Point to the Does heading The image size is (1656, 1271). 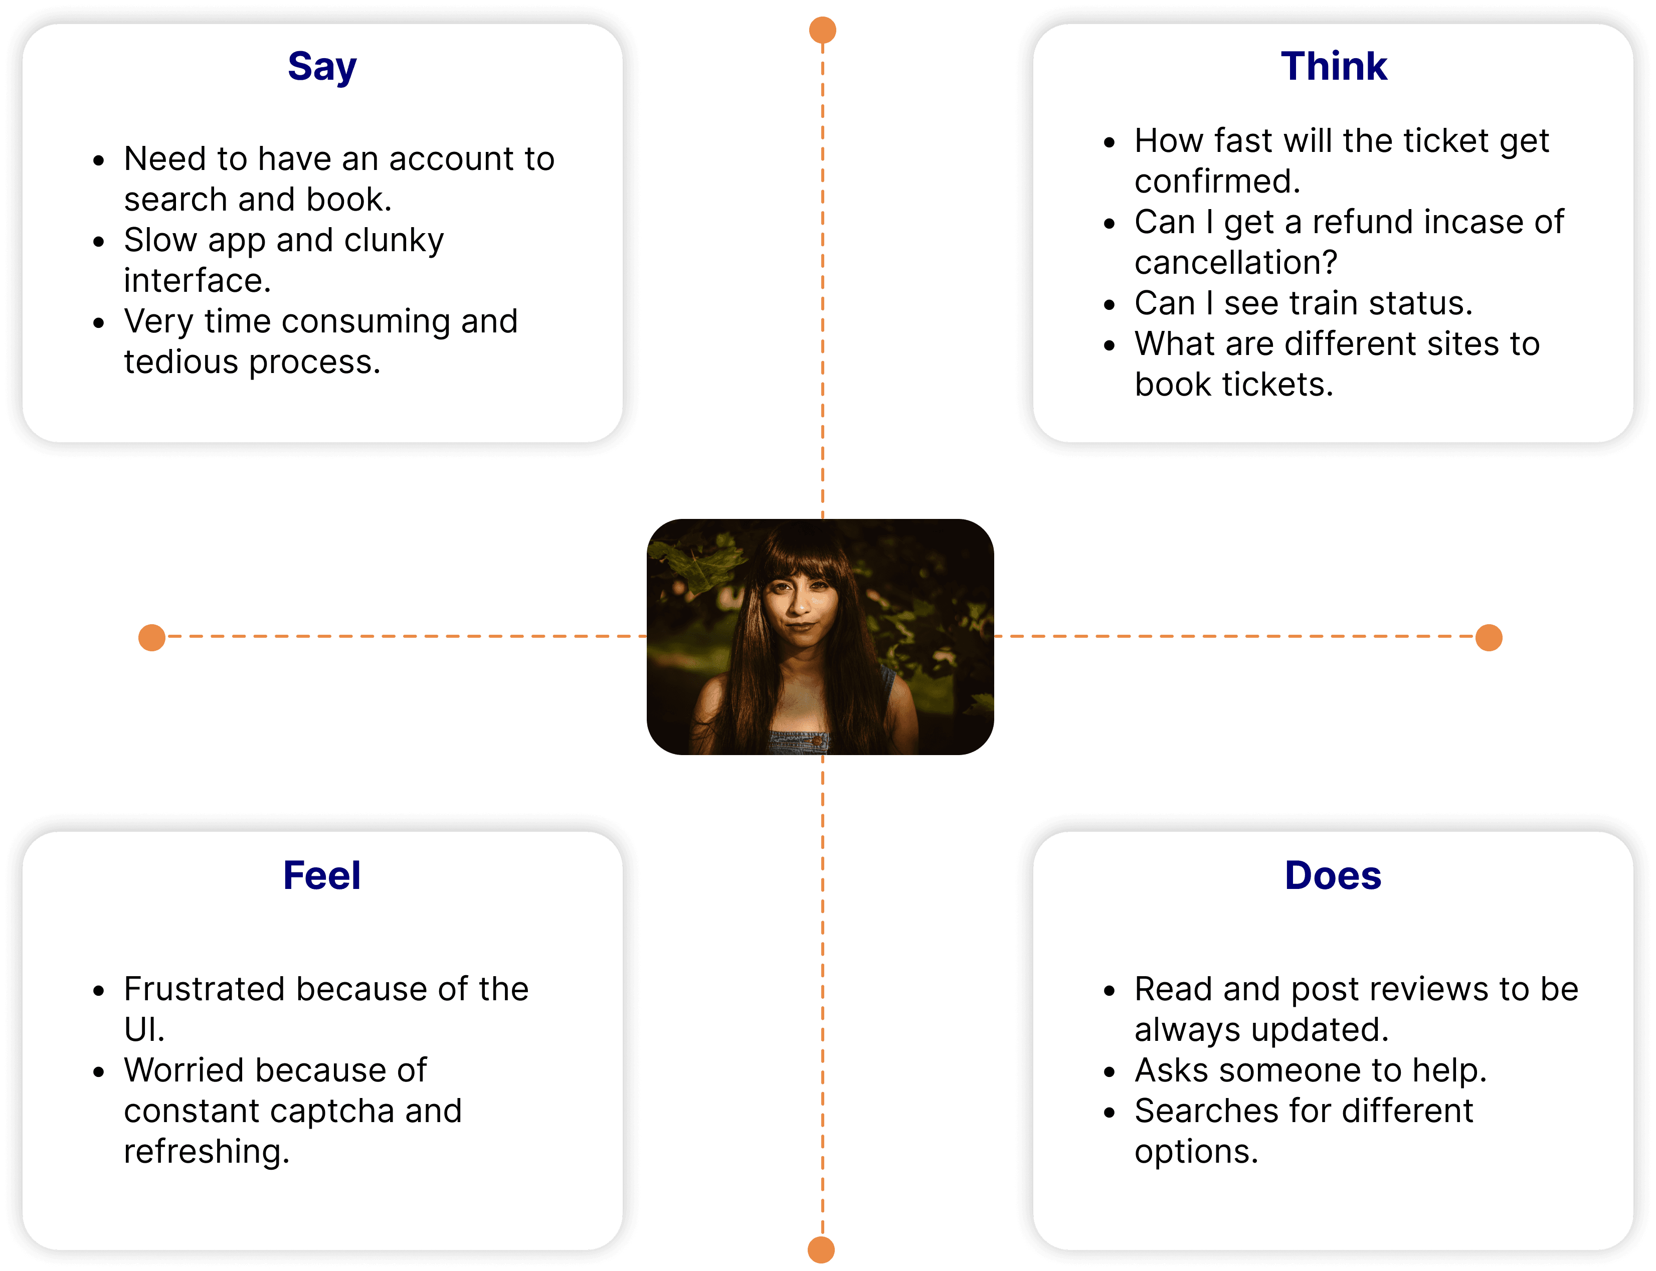point(1333,875)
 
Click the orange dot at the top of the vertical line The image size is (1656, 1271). point(822,30)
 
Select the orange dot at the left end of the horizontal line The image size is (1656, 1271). point(152,638)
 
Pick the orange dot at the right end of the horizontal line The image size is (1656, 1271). point(1489,638)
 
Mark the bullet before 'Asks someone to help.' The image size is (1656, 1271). point(1109,1071)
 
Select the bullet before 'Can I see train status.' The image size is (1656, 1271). point(1109,304)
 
